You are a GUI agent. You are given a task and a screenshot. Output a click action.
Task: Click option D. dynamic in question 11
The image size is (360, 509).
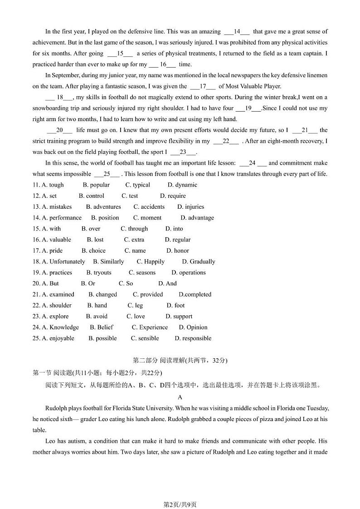(x=182, y=185)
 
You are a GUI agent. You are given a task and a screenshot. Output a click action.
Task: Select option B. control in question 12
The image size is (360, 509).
(x=92, y=196)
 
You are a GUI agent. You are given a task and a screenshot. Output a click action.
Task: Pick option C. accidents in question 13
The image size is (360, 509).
(x=149, y=207)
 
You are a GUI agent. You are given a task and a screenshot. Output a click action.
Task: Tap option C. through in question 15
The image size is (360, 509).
(x=134, y=229)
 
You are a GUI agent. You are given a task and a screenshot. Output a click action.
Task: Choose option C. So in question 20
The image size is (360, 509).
(x=126, y=284)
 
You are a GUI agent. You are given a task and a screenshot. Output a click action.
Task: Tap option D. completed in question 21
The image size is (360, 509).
(x=195, y=294)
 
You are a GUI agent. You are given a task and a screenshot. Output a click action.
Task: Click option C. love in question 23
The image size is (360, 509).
(x=136, y=317)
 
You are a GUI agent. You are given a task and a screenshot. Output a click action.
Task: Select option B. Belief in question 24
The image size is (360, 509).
(x=102, y=328)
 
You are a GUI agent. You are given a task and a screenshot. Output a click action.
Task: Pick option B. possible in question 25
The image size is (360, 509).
(x=102, y=338)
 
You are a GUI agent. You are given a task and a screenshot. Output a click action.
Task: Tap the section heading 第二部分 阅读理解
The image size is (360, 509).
(x=180, y=361)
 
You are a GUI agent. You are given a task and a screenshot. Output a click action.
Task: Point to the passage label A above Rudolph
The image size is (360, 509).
(x=180, y=397)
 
